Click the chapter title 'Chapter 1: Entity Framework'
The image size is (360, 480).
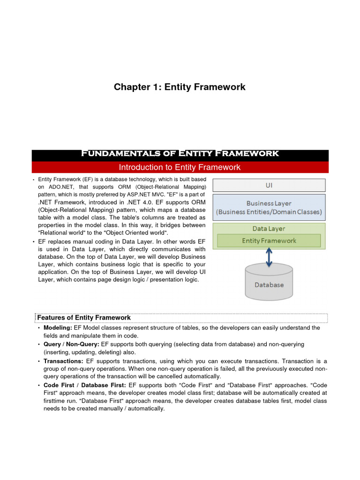click(180, 87)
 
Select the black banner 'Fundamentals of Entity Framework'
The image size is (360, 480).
click(180, 154)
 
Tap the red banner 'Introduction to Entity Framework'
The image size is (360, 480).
click(180, 167)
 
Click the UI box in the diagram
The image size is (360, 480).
click(269, 185)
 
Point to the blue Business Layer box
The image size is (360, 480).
click(269, 208)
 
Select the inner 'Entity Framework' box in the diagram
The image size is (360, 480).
click(269, 240)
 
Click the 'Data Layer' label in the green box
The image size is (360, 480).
click(269, 229)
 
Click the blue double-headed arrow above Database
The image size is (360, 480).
click(269, 257)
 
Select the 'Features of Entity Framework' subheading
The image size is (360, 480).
click(84, 318)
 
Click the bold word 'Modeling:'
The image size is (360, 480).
click(58, 328)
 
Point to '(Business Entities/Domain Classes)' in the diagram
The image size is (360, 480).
click(269, 212)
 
